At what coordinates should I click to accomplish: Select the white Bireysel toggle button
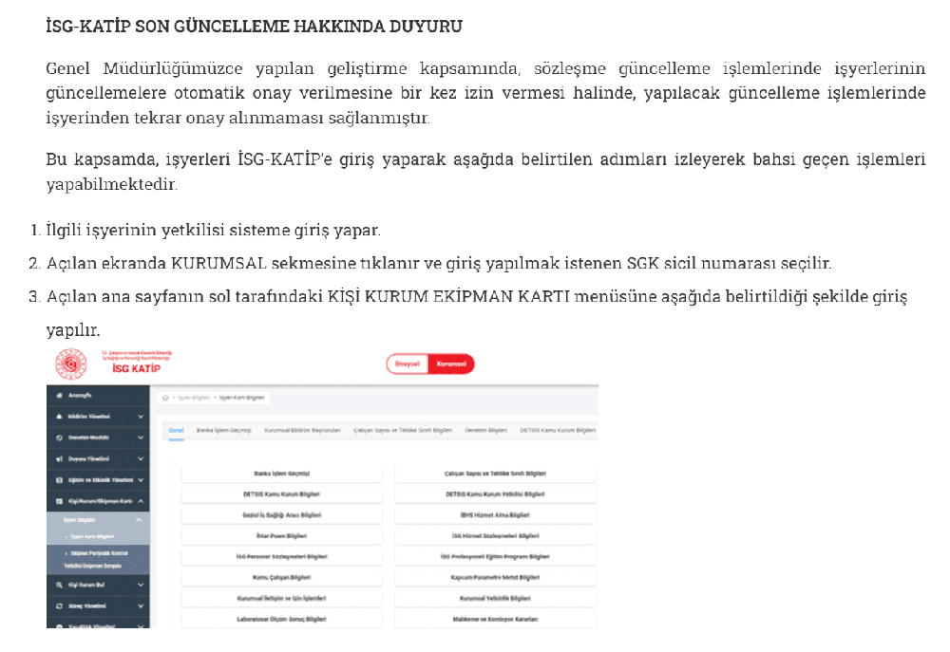pos(408,364)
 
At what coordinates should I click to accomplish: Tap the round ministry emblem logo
pos(70,364)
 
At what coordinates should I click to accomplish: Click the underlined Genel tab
pos(176,430)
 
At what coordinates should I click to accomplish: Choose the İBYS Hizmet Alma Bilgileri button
pos(495,515)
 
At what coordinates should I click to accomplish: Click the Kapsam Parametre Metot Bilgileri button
pos(495,577)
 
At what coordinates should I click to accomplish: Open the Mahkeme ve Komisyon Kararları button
pos(495,618)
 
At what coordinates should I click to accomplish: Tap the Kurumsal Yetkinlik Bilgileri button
pos(495,598)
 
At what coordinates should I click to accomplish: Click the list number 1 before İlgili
pos(33,231)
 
